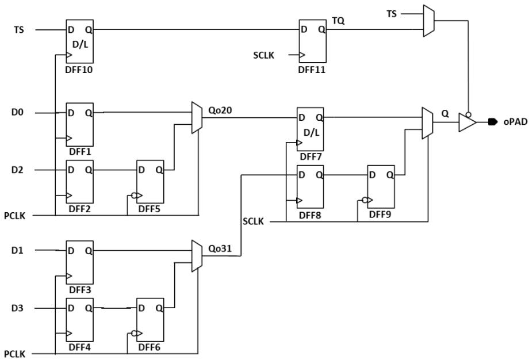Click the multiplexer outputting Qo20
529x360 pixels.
197,118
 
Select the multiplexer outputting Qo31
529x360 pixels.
197,256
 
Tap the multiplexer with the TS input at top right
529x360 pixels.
429,21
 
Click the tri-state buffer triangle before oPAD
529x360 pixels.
467,122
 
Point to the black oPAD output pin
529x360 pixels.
493,122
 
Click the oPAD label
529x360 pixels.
515,122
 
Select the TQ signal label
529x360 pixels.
338,21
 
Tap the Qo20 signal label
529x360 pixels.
220,110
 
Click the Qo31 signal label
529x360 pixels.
220,248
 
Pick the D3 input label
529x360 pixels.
18,308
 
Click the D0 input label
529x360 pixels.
18,112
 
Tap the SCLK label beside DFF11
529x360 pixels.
264,55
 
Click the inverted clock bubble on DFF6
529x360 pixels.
135,334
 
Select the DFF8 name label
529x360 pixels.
310,215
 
